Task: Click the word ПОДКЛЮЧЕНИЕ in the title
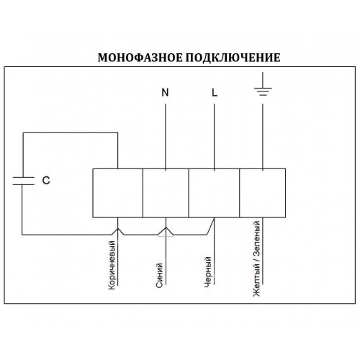tap(233, 58)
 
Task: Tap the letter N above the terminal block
tap(165, 92)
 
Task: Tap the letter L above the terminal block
tap(215, 92)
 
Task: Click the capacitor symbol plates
tap(23, 181)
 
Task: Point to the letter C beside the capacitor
tap(46, 181)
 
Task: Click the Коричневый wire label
tap(112, 265)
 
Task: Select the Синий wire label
tap(159, 275)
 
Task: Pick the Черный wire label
tap(208, 271)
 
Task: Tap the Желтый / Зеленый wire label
tap(256, 258)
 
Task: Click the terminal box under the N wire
tap(166, 193)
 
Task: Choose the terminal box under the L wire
tap(214, 193)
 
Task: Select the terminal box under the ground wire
tap(263, 193)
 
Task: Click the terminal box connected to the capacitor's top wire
tap(118, 193)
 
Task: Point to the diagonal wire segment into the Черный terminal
tap(210, 226)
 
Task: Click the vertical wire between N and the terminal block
tap(166, 137)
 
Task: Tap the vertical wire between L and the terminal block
tap(214, 137)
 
